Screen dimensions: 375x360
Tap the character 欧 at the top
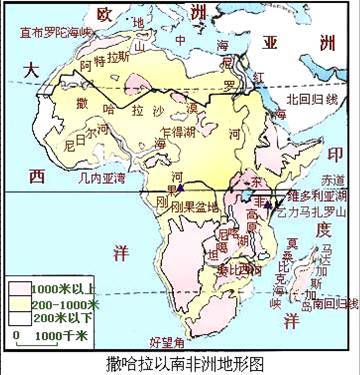pyautogui.click(x=103, y=14)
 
